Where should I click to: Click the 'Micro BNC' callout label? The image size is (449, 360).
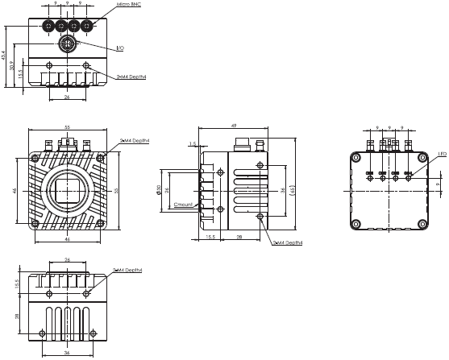point(129,4)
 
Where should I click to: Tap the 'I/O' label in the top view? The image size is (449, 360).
point(120,49)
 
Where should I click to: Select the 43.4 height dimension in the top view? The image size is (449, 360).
point(5,55)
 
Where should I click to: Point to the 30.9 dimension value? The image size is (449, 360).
point(14,65)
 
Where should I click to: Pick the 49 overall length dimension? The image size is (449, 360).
point(233,126)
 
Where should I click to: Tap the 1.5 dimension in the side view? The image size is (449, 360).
point(192,145)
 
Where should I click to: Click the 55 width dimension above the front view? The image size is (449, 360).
point(67,127)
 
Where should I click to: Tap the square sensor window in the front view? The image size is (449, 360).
point(67,189)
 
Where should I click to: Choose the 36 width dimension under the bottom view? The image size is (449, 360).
point(67,353)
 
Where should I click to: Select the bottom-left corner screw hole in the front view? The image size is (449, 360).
point(35,223)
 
